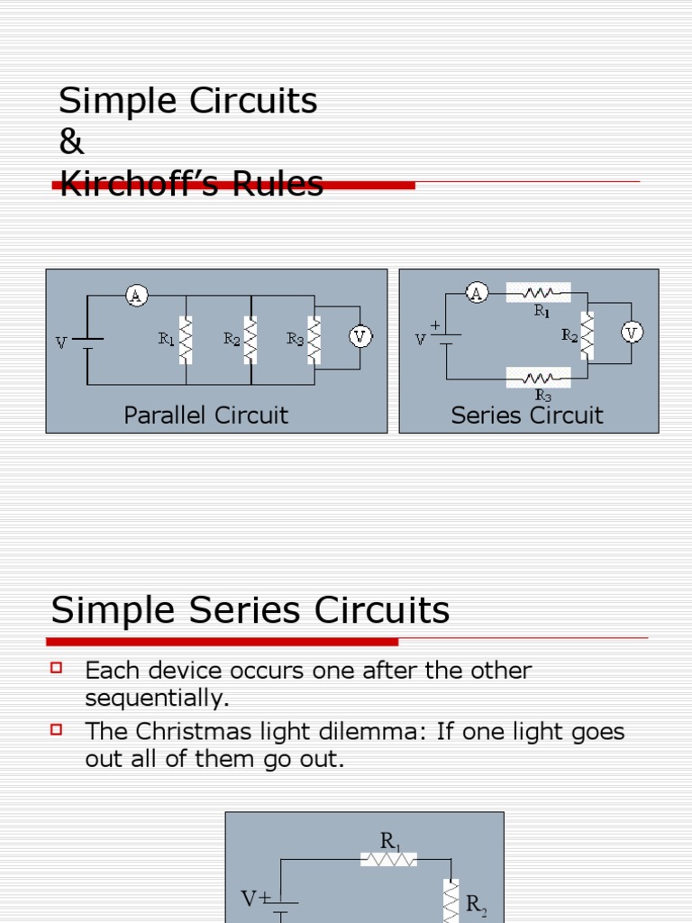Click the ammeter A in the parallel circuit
tap(136, 295)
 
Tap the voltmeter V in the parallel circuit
tap(360, 336)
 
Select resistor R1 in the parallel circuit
tap(186, 340)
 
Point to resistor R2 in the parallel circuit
tap(250, 340)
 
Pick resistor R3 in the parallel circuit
tap(314, 340)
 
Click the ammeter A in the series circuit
tap(477, 292)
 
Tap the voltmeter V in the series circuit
tap(632, 333)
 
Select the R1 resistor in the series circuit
tap(539, 292)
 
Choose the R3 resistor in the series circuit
tap(539, 378)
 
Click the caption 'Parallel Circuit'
tap(205, 416)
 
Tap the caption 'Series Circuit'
tap(527, 416)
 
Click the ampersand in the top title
tap(71, 142)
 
